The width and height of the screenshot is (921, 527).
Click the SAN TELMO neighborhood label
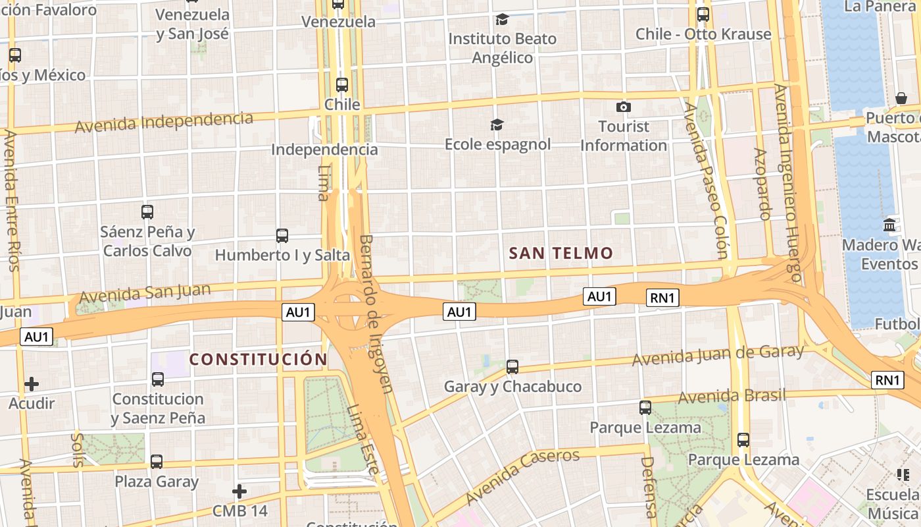pos(561,253)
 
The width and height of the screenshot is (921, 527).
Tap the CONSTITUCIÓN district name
pos(258,359)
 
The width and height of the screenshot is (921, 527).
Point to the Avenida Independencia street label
pos(164,122)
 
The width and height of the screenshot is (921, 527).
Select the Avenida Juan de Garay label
pos(718,356)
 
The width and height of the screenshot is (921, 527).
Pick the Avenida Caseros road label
pos(522,476)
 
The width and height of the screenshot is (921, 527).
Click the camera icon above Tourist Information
pos(623,107)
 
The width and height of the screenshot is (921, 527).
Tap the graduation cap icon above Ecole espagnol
pos(497,125)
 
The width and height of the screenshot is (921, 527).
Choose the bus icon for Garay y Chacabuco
pos(512,366)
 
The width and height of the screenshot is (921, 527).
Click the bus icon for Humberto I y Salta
pos(282,235)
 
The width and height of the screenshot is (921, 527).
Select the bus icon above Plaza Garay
pos(157,461)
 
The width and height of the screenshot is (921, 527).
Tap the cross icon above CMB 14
pos(239,491)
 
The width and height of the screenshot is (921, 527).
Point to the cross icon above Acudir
pos(32,383)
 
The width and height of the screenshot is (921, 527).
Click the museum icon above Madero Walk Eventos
pos(889,225)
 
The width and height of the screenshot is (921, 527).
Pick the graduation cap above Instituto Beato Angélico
pos(502,19)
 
